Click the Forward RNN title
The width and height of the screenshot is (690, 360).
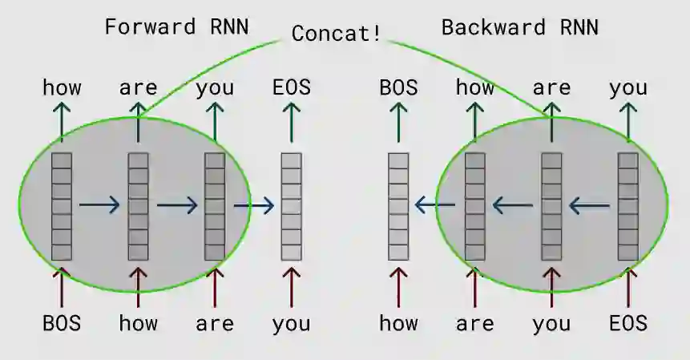pos(176,26)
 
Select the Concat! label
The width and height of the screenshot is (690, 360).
pos(336,34)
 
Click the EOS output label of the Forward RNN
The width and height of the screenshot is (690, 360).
pos(292,87)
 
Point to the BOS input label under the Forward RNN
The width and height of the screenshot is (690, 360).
pos(62,324)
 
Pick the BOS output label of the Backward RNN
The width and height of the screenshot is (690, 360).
pos(398,87)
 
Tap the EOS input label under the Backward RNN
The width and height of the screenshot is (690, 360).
pos(627,324)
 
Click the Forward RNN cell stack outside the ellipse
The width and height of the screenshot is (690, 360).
pos(291,207)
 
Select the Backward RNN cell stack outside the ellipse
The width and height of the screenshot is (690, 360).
pos(398,207)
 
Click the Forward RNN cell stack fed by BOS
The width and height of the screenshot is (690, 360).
pos(62,207)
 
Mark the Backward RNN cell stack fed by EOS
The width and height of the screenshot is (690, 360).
pos(627,207)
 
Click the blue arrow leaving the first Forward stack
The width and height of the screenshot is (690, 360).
pos(99,206)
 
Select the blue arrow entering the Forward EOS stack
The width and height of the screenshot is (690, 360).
pos(254,206)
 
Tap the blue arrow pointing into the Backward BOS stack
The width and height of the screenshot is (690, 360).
pos(434,206)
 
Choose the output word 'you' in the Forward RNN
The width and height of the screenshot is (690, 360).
pos(214,87)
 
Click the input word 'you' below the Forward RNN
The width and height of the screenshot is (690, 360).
pos(291,324)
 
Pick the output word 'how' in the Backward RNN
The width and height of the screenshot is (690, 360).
pos(474,87)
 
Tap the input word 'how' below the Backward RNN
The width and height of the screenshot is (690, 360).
pos(398,324)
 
